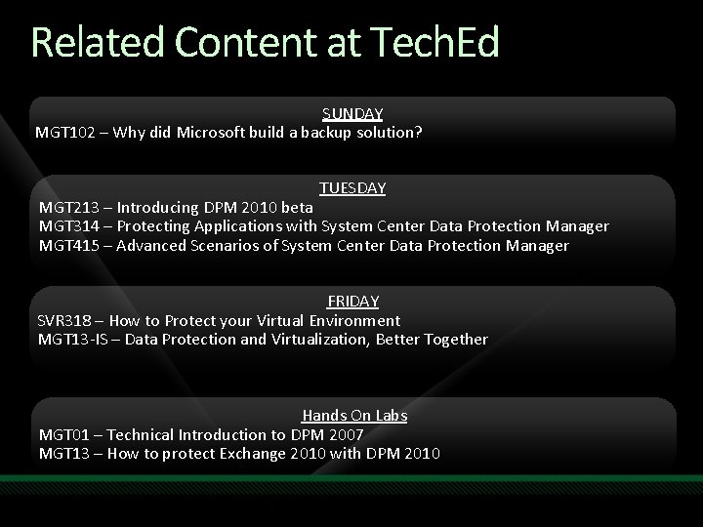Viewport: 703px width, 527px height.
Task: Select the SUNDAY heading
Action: (x=352, y=114)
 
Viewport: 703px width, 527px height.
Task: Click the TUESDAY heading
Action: (x=352, y=187)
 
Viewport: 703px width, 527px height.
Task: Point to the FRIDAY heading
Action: (x=352, y=302)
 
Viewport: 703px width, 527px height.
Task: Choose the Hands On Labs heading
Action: (x=354, y=416)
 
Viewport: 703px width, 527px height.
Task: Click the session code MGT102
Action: (x=64, y=132)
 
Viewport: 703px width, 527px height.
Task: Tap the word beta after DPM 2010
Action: (x=298, y=207)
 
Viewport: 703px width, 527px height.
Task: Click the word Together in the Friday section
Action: (x=453, y=340)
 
